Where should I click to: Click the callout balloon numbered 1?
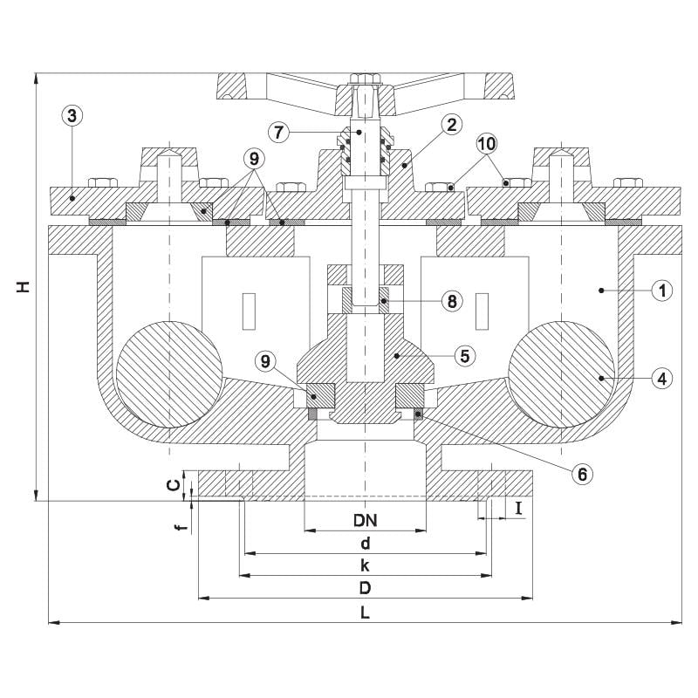coord(662,291)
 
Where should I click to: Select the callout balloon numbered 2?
coord(451,125)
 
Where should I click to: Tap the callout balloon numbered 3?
coord(72,116)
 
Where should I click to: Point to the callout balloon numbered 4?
coord(662,379)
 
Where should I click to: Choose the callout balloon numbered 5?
coord(465,356)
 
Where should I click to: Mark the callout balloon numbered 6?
coord(582,475)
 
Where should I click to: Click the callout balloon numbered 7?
coord(278,132)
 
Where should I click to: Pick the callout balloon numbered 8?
coord(452,301)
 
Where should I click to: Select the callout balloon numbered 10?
coord(487,144)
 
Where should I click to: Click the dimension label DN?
coord(365,520)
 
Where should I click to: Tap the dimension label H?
coord(24,287)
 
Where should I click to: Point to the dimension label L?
coord(365,613)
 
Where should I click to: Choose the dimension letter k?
coord(365,565)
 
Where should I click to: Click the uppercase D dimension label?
coord(365,588)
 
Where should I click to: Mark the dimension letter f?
coord(181,528)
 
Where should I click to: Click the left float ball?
coord(169,374)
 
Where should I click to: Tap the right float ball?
coord(561,374)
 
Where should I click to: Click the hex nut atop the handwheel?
coord(366,79)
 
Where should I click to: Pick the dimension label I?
coord(518,508)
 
